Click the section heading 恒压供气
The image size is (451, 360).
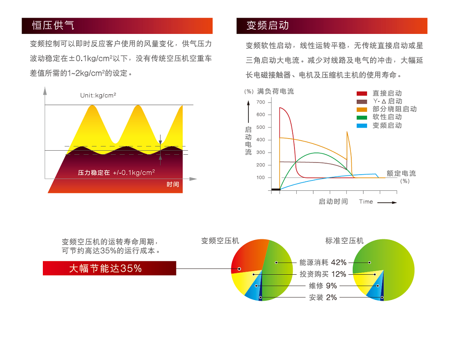53,25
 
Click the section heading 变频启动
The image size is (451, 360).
267,25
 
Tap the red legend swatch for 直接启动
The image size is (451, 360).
362,93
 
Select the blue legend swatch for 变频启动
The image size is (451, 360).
362,126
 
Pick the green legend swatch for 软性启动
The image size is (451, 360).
362,117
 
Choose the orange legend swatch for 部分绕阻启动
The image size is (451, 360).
362,110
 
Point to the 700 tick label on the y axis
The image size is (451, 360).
261,102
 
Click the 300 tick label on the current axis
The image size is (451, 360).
261,152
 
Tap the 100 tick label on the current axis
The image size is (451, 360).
261,178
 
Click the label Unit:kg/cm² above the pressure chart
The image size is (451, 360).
98,95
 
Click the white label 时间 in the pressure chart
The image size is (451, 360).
173,185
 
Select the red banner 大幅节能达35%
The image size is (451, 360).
109,268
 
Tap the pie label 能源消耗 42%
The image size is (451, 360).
323,263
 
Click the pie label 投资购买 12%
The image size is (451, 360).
323,274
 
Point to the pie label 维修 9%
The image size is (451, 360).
323,286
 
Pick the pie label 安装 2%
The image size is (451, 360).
323,297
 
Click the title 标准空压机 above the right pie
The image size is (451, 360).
344,240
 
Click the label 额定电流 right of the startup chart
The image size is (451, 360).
401,174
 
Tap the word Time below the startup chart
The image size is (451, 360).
366,202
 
